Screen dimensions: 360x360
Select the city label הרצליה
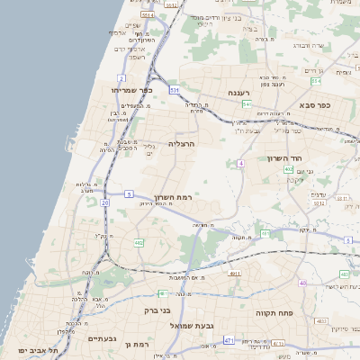pos(181,143)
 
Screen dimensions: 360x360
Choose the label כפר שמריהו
pos(132,90)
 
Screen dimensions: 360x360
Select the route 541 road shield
pos(247,105)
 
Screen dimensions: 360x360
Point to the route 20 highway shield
pos(104,203)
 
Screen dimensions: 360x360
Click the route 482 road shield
pos(139,243)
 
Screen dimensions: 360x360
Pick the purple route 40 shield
pos(303,284)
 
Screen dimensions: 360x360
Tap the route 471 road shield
pos(229,341)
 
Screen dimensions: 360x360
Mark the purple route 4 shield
pos(241,163)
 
